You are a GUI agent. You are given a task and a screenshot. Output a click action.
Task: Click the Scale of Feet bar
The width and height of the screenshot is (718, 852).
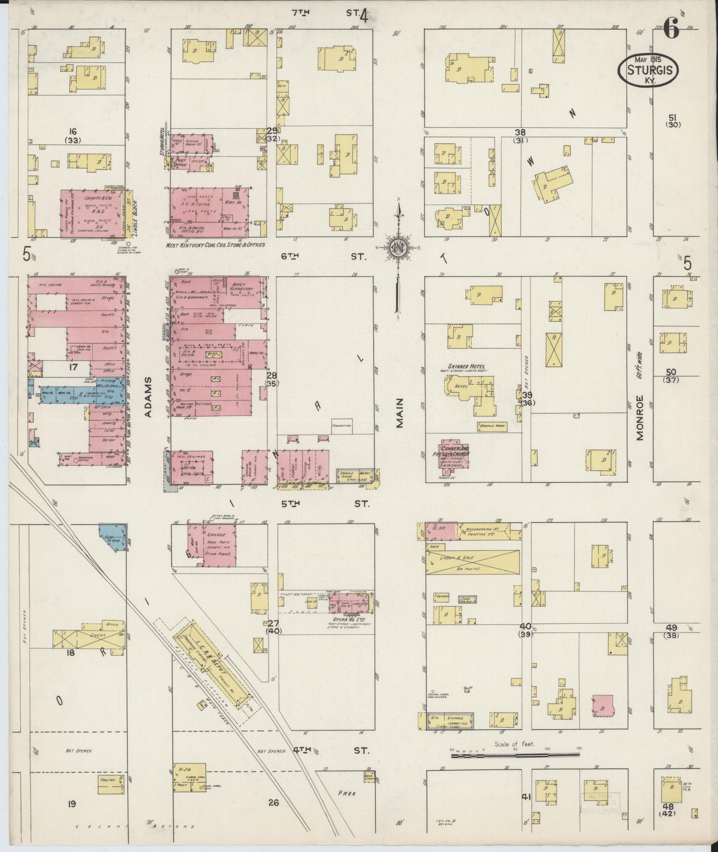515,756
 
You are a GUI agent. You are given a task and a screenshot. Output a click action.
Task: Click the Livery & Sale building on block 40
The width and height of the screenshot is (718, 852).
472,562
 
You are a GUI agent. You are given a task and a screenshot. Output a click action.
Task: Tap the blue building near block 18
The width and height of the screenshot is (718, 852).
115,537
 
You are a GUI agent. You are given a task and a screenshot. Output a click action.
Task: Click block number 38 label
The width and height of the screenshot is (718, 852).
520,132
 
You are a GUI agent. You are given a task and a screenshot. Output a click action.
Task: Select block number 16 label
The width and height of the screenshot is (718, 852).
73,132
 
